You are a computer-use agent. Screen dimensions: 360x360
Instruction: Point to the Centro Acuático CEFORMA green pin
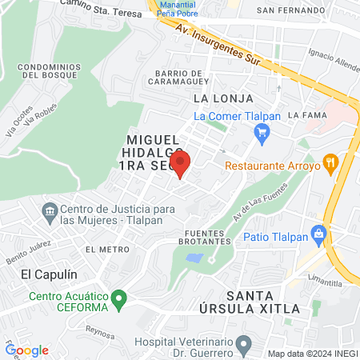[119, 301]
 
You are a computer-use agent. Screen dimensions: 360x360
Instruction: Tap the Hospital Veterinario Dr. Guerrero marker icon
[246, 345]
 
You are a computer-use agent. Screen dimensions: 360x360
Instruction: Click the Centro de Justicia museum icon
[50, 214]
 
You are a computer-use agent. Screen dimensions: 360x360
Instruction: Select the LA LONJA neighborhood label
[223, 98]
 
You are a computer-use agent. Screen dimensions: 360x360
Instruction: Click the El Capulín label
[44, 274]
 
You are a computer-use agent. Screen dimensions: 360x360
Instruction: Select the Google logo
[26, 350]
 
